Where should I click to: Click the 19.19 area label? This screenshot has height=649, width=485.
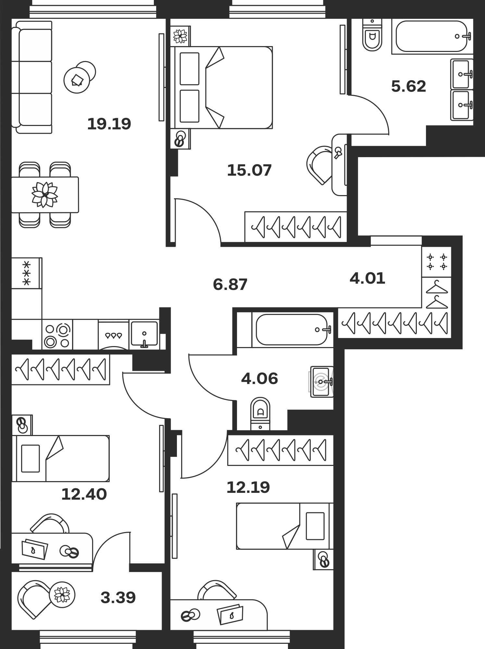(109, 124)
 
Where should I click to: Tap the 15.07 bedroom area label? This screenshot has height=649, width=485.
(249, 170)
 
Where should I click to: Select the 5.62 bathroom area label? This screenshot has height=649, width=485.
(408, 86)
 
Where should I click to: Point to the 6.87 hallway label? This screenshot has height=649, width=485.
(230, 284)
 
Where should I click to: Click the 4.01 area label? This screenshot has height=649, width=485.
(367, 278)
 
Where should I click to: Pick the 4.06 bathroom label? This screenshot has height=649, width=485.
(259, 379)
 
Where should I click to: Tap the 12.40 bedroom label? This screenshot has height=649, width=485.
(84, 494)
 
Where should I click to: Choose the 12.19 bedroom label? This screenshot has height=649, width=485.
(248, 487)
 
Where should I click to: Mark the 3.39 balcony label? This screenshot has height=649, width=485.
(118, 597)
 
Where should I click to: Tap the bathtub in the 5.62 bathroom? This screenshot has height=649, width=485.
(431, 36)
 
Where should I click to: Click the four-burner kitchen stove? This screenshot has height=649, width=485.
(57, 335)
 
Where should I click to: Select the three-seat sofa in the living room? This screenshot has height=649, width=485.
(32, 77)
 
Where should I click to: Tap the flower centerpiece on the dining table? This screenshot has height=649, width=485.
(45, 194)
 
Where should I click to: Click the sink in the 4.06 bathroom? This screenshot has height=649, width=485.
(322, 381)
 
